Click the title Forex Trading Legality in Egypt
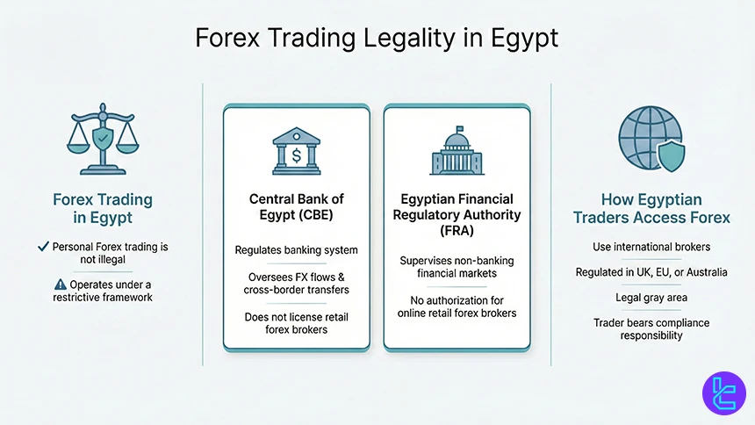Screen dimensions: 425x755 point(377,39)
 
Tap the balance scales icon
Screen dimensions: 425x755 point(102,140)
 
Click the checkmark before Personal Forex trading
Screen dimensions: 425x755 point(42,247)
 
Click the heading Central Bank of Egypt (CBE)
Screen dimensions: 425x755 point(296,207)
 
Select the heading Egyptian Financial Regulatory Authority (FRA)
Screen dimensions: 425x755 point(457,215)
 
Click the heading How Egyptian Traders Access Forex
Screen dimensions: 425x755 point(651,209)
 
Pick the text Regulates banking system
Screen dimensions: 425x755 point(296,250)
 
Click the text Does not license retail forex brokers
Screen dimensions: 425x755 point(296,322)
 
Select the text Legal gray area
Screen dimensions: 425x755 point(651,298)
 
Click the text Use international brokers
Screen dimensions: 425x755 point(651,247)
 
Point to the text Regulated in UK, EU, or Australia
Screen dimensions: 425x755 point(651,272)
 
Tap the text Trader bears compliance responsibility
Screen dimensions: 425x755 point(651,329)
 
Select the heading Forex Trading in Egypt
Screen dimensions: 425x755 point(102,209)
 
